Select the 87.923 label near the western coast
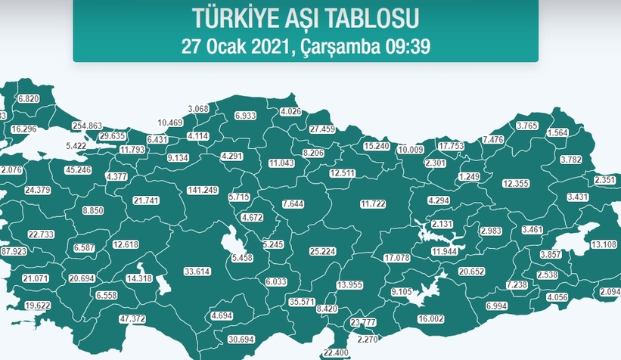[x=13, y=251]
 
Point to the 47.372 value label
[x=132, y=319]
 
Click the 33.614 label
[x=199, y=271]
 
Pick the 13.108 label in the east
[x=604, y=244]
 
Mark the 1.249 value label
[x=470, y=176]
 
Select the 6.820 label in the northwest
[x=28, y=99]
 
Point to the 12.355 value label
[x=517, y=184]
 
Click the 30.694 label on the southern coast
[x=242, y=338]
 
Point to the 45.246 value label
[x=79, y=170]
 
